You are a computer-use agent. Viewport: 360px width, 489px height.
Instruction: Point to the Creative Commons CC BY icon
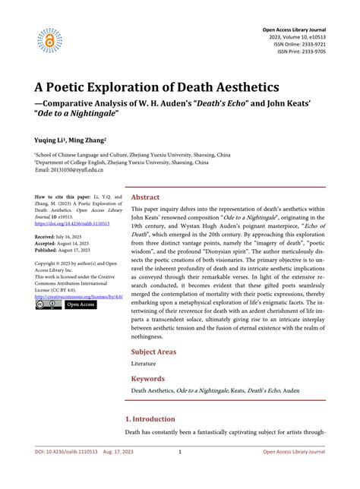49,305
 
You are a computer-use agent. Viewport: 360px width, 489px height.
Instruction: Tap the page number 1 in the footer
179,473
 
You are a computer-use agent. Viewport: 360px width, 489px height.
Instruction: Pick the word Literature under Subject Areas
144,364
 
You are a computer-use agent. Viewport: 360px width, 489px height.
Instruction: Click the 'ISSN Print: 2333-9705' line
296,52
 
